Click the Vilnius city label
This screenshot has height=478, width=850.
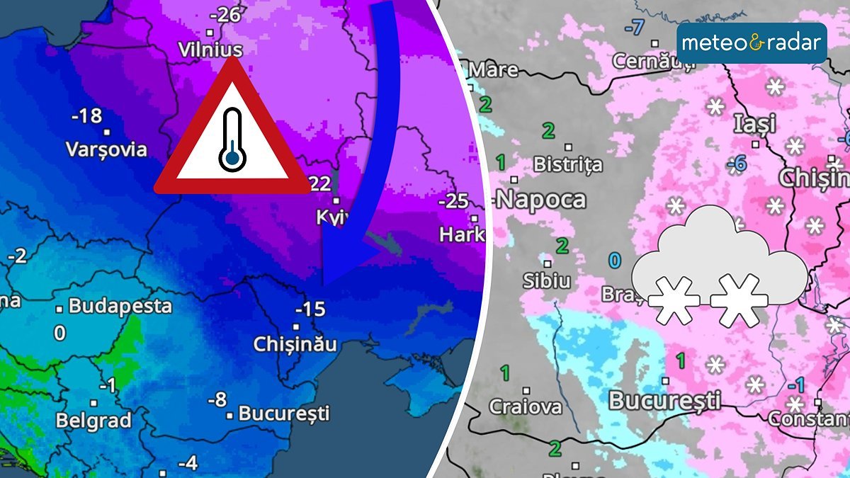(x=210, y=50)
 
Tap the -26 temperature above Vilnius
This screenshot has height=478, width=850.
(x=226, y=15)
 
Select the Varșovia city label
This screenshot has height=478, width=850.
(x=106, y=149)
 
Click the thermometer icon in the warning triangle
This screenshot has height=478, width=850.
(x=232, y=140)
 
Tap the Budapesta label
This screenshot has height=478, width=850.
(x=120, y=307)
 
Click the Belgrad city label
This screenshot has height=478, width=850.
(x=94, y=420)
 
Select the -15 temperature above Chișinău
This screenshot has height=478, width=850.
(x=310, y=309)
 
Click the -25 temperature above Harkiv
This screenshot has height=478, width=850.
(x=453, y=201)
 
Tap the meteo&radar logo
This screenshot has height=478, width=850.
(x=752, y=43)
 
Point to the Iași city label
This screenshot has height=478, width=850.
(x=755, y=123)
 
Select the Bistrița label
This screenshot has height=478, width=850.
(x=567, y=165)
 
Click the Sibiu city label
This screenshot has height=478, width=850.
(x=546, y=280)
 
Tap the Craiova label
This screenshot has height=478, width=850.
(x=526, y=407)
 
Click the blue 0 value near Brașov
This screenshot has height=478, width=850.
(x=615, y=261)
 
